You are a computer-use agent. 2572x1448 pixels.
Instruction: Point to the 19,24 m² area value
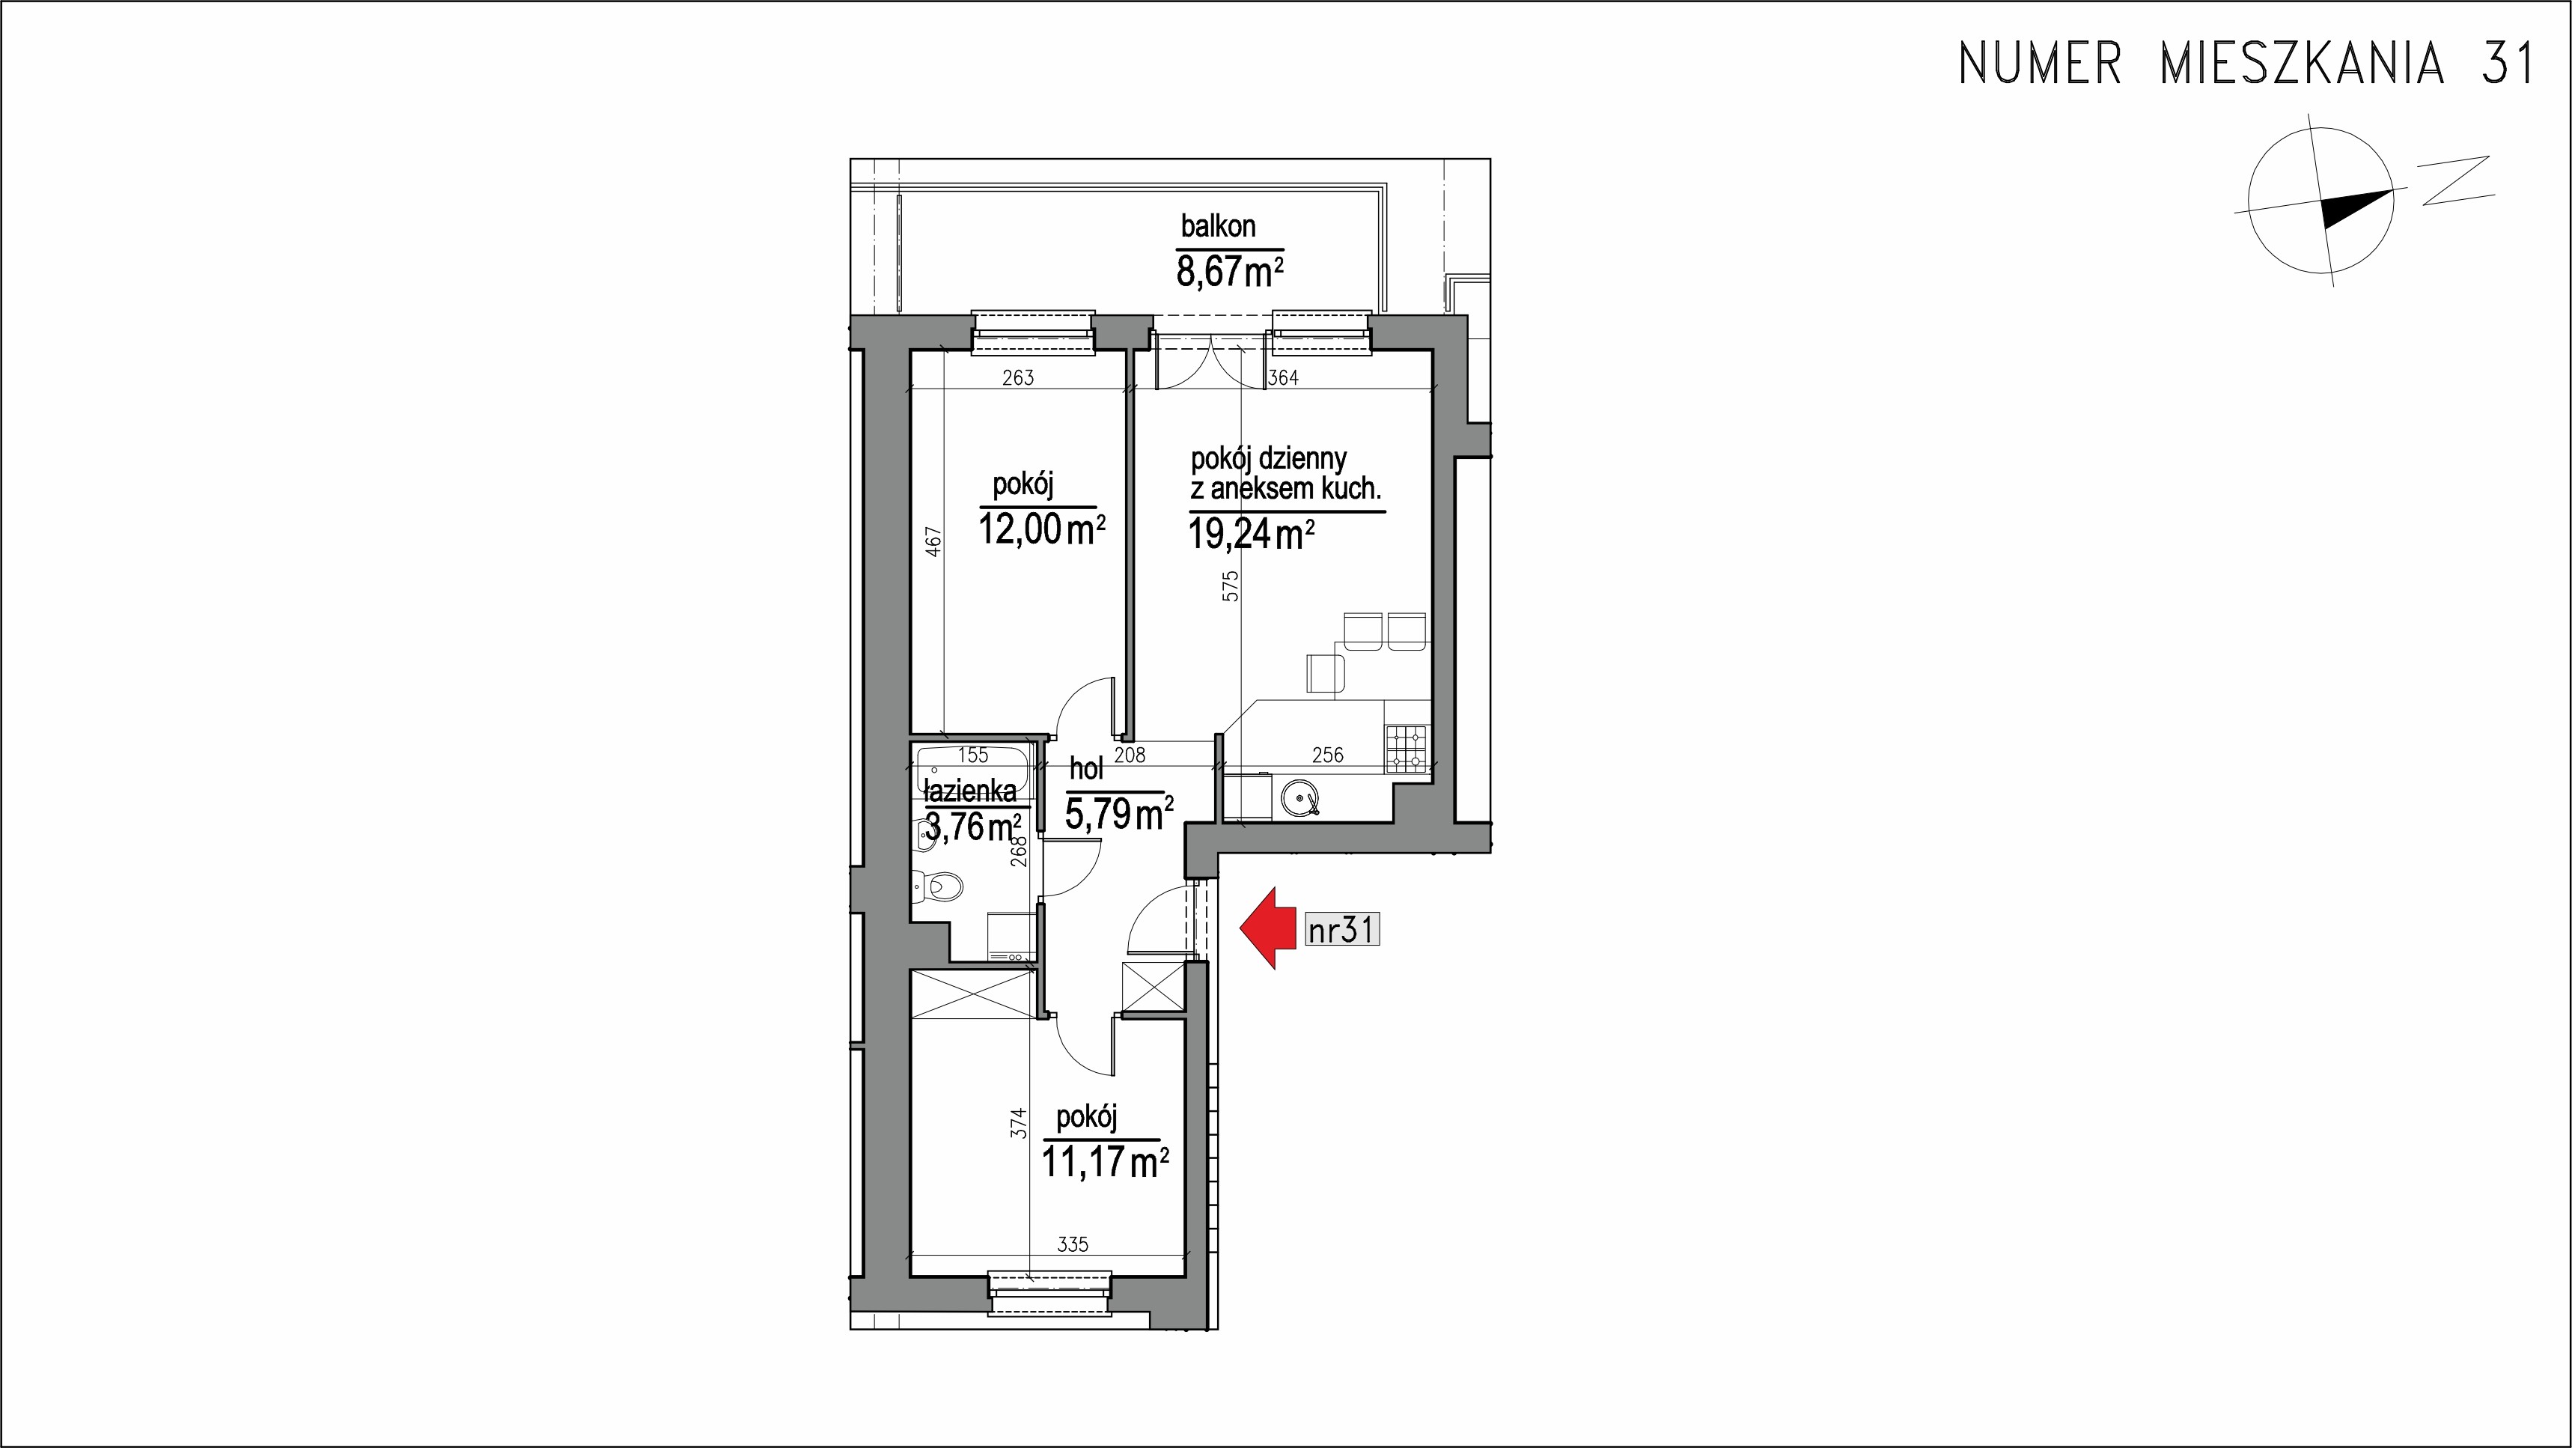click(x=1251, y=535)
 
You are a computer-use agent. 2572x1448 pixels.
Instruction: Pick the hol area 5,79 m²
click(x=1118, y=813)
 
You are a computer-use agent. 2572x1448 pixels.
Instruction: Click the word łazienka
click(x=971, y=791)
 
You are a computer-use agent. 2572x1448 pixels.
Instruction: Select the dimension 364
click(x=1282, y=377)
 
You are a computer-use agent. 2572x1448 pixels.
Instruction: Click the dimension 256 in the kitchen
click(x=1327, y=755)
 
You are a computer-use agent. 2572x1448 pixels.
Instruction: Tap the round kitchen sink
click(x=1301, y=796)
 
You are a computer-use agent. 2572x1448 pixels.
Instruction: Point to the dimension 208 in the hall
click(x=1130, y=755)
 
